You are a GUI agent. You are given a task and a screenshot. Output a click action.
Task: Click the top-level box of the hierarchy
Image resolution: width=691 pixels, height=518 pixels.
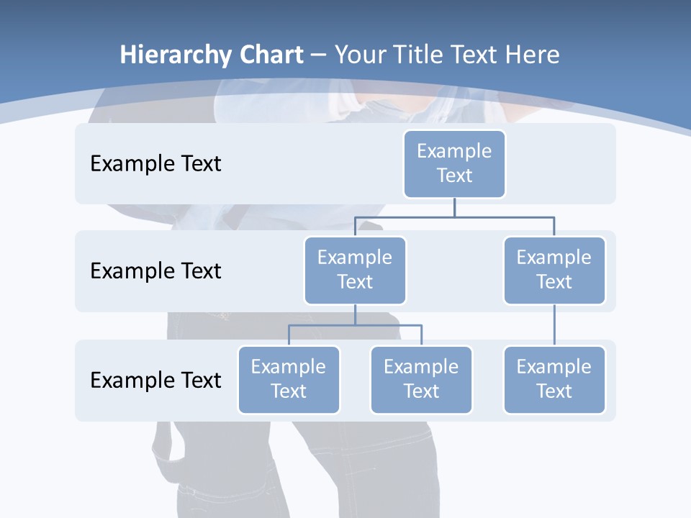coord(454,163)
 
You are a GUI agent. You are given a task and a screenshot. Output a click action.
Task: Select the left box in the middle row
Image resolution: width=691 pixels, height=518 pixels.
coord(355,270)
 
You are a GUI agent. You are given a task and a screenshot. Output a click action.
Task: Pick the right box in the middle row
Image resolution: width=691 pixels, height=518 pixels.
coord(554,270)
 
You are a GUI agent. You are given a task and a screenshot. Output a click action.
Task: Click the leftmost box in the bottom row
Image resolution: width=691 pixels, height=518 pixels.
coord(289,379)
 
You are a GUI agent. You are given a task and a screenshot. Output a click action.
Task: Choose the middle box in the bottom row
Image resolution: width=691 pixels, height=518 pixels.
coord(421,379)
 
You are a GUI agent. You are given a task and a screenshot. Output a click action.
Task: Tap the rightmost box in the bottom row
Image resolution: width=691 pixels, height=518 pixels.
coord(554,379)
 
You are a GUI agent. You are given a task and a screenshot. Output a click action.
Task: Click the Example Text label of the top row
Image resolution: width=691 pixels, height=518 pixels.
coord(155,164)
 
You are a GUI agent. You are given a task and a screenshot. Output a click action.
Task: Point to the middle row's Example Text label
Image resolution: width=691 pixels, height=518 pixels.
coord(155,271)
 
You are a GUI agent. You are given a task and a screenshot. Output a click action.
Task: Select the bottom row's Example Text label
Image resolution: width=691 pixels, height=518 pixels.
coord(155,380)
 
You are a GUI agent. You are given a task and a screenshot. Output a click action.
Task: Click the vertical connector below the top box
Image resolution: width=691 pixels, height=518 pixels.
coord(454,207)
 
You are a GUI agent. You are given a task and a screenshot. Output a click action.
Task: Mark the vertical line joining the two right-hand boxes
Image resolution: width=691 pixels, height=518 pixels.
coord(554,325)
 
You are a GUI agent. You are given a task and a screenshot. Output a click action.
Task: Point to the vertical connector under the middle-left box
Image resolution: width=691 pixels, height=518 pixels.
coord(355,314)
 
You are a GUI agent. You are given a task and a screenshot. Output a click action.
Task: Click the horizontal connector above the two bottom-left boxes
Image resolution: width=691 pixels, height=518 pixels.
coord(355,325)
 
